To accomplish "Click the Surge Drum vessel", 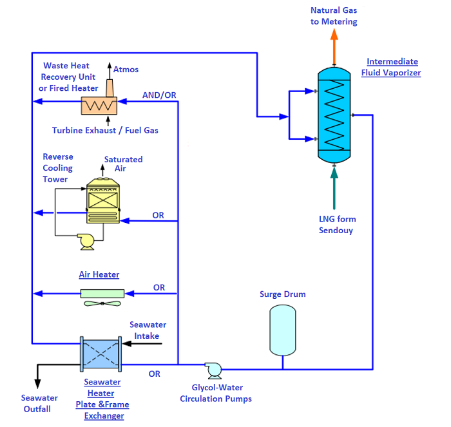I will [282, 330].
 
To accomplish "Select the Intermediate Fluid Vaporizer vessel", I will [334, 116].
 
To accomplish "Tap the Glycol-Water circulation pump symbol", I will [213, 369].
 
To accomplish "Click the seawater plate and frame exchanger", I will [100, 354].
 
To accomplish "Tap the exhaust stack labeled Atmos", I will [109, 86].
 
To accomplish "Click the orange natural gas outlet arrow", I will [334, 45].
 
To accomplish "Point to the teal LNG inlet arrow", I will [334, 187].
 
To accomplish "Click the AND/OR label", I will [158, 95].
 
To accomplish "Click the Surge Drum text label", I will [282, 294].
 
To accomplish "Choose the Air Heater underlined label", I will [99, 274].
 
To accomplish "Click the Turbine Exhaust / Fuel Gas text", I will [105, 130].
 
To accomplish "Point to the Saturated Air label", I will [123, 164].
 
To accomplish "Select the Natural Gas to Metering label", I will [334, 16].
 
